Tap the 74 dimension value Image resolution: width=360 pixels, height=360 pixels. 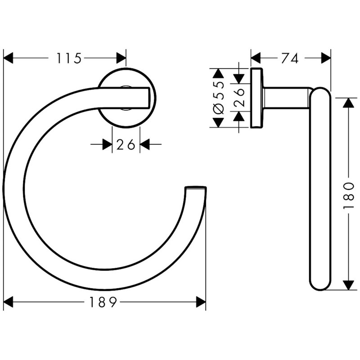[291, 58]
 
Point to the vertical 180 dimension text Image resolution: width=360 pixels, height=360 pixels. [351, 194]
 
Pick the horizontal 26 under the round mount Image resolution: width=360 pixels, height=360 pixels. [126, 144]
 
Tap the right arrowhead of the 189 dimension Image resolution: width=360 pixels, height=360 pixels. [201, 302]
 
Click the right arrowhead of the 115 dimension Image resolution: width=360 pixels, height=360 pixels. [121, 58]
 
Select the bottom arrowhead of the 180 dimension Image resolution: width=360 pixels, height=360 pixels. [347, 284]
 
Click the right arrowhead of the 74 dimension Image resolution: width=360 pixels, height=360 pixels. [325, 58]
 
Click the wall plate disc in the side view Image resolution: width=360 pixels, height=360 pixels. [256, 98]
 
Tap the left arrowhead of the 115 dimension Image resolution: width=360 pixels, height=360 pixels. [9, 58]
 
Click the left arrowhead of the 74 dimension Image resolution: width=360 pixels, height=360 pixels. [256, 58]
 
